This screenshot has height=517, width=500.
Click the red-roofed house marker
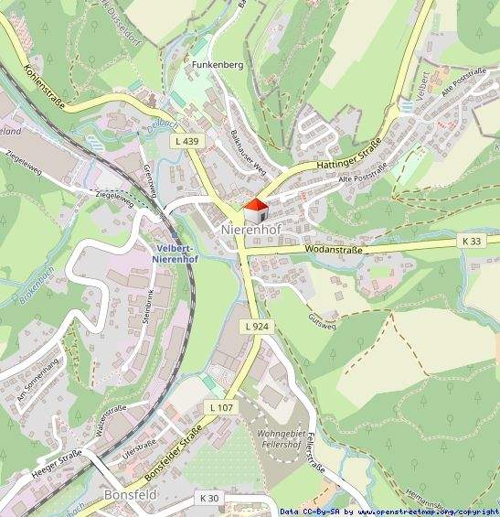pos(257,210)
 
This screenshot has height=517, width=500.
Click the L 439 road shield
pos(186,140)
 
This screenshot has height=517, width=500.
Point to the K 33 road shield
pos(472,241)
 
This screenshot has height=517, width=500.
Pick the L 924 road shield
pos(257,327)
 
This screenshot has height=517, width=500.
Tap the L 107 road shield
pos(222,406)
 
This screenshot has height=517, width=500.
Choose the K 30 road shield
pos(209,498)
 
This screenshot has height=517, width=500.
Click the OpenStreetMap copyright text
pos(389,511)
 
